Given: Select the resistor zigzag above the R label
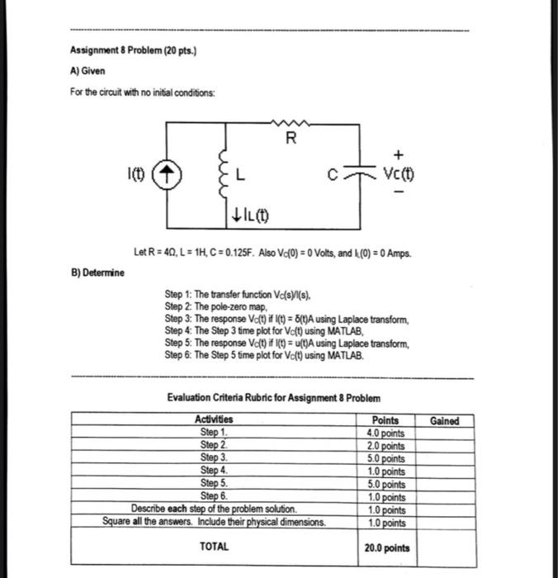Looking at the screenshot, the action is [x=289, y=123].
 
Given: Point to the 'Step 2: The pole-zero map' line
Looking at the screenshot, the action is [x=217, y=306].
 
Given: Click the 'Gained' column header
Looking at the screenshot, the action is [x=444, y=421].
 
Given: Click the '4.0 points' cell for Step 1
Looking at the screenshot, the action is [x=385, y=433].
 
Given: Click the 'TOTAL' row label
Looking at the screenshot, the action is [x=214, y=546].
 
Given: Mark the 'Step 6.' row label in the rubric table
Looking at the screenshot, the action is [x=214, y=496].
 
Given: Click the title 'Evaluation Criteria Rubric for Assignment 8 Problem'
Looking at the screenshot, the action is [x=273, y=398].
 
